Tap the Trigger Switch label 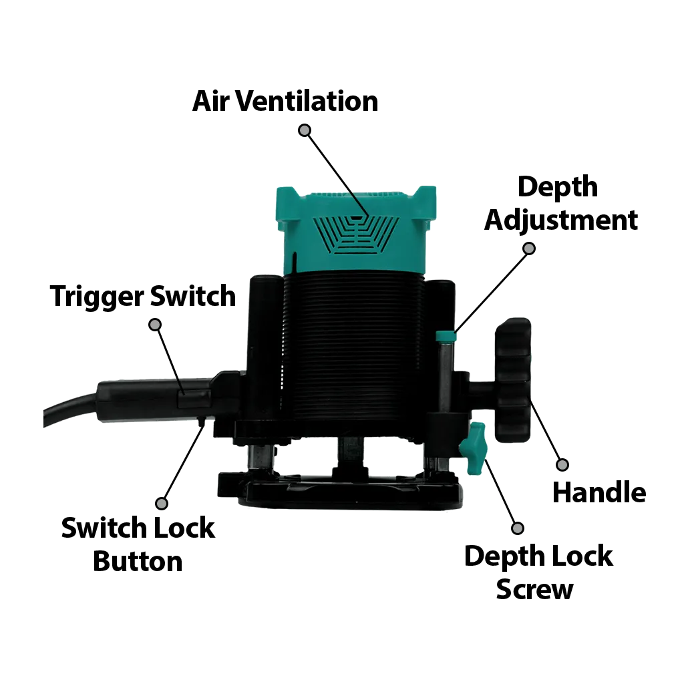142,295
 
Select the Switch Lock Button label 138,544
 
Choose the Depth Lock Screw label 538,572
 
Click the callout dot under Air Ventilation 305,130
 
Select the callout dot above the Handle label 562,464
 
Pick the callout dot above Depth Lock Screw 517,528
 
